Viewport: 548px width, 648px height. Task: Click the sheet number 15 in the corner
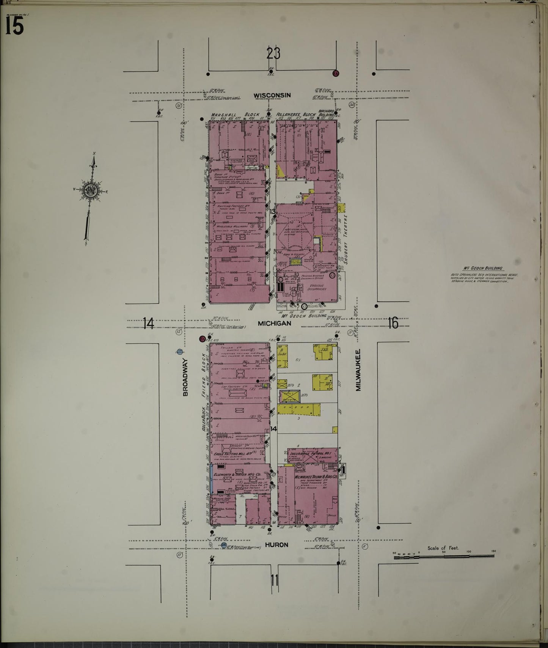point(14,26)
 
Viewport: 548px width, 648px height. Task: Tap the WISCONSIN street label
point(272,95)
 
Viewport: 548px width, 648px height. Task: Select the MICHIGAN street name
point(274,323)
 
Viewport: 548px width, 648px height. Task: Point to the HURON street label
point(276,544)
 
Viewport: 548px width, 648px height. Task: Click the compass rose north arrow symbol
point(91,190)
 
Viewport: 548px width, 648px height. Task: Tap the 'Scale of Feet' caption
point(443,548)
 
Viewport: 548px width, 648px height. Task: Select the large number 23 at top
point(273,53)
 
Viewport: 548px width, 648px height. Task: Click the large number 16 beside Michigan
point(393,323)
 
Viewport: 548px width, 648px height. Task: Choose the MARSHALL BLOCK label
point(236,114)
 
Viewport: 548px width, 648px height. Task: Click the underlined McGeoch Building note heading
point(485,268)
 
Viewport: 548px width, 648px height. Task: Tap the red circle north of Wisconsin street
point(335,73)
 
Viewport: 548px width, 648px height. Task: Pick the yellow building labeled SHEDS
point(298,409)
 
